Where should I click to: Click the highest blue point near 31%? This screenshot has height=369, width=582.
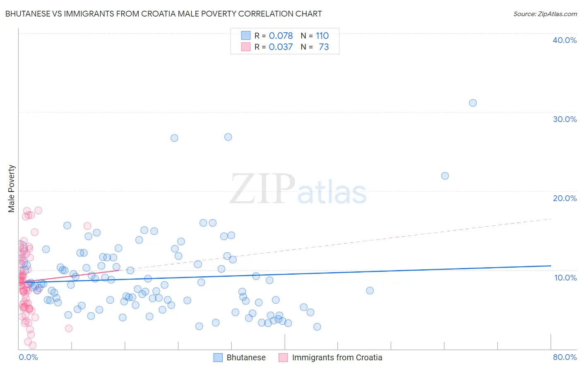point(473,103)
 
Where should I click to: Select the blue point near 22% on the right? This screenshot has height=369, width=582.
point(445,176)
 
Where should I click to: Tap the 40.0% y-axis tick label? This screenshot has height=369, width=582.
point(565,40)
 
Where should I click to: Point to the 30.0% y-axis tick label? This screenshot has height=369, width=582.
point(565,119)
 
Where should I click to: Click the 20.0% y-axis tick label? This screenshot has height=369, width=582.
point(565,198)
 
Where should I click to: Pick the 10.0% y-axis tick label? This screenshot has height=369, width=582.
point(565,278)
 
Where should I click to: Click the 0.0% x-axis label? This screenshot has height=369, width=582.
point(28,357)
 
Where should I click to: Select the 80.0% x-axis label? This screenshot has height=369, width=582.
point(565,357)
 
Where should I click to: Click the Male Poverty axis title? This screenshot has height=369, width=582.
point(12,189)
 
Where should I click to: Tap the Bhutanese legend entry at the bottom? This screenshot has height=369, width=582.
point(246,357)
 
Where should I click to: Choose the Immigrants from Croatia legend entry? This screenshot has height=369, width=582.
point(337,357)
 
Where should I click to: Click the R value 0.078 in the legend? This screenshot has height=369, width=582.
point(281,36)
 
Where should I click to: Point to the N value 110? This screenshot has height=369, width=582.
point(322,36)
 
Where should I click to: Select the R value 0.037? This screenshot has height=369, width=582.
point(281,47)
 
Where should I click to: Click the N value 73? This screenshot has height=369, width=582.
point(324,47)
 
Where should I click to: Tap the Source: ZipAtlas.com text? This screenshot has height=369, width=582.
point(545,14)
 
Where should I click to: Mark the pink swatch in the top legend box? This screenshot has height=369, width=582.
point(246,47)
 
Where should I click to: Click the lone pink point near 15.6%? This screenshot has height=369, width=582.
point(87,226)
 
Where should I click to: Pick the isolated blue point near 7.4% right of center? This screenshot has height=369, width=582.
point(370,291)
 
